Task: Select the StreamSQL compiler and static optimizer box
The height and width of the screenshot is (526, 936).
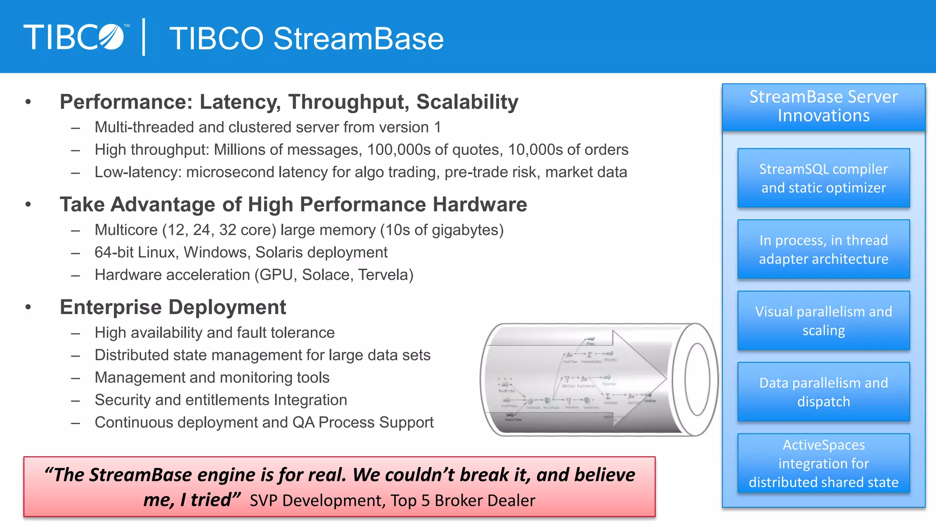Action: tap(824, 178)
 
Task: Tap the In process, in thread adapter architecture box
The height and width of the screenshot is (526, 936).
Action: tap(824, 249)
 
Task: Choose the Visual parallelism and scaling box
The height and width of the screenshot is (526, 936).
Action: tap(824, 321)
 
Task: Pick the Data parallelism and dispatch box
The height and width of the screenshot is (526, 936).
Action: tap(824, 392)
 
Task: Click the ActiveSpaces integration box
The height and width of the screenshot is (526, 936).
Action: tap(824, 463)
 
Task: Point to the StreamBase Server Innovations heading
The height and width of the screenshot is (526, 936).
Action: tap(824, 106)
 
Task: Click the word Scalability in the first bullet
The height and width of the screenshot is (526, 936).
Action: tap(467, 102)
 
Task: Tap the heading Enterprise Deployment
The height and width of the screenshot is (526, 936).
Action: tap(173, 307)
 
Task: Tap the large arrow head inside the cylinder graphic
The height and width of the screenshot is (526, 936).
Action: tap(640, 379)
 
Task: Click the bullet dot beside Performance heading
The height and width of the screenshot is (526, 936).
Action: tap(28, 102)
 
